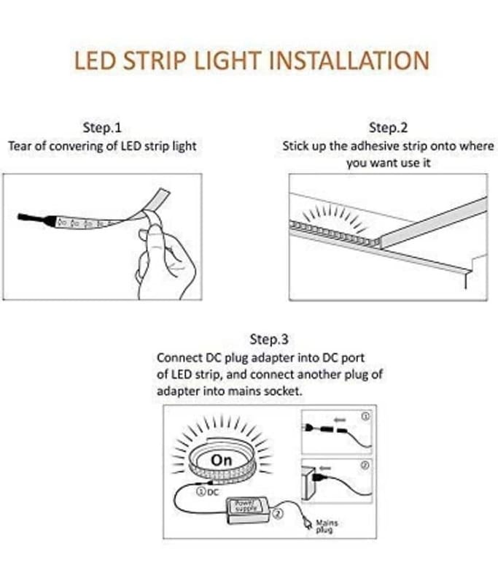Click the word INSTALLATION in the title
[349, 61]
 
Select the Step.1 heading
[102, 128]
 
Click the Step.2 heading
[388, 128]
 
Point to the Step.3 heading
[269, 339]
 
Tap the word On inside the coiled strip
[221, 461]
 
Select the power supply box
[247, 510]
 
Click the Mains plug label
[327, 526]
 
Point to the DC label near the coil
[212, 492]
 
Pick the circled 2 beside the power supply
[278, 514]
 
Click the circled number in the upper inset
[365, 416]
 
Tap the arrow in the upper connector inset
[340, 420]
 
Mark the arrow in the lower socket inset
[325, 468]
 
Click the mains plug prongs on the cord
[307, 523]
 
